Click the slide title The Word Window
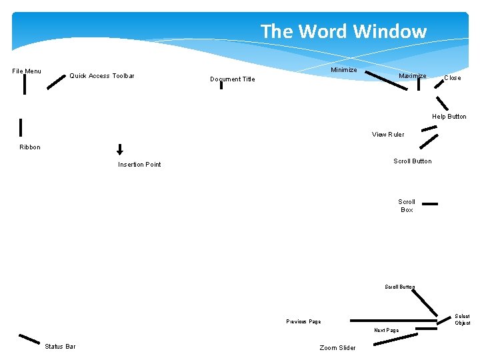pyautogui.click(x=343, y=31)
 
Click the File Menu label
pyautogui.click(x=27, y=71)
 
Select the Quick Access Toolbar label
pyautogui.click(x=102, y=76)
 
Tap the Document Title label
pyautogui.click(x=232, y=79)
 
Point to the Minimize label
pyautogui.click(x=343, y=70)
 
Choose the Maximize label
pyautogui.click(x=412, y=76)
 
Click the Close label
pyautogui.click(x=452, y=78)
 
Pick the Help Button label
pyautogui.click(x=449, y=117)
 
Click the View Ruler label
pyautogui.click(x=388, y=135)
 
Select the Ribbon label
pyautogui.click(x=30, y=147)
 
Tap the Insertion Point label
pyautogui.click(x=139, y=165)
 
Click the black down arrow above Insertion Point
pyautogui.click(x=120, y=149)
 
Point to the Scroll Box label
pyautogui.click(x=407, y=206)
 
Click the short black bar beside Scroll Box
pyautogui.click(x=430, y=205)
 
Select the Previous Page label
pyautogui.click(x=303, y=322)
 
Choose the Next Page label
pyautogui.click(x=386, y=331)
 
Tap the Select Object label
pyautogui.click(x=462, y=320)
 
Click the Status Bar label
pyautogui.click(x=60, y=347)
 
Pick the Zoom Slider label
pyautogui.click(x=337, y=348)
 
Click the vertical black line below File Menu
pyautogui.click(x=25, y=85)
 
